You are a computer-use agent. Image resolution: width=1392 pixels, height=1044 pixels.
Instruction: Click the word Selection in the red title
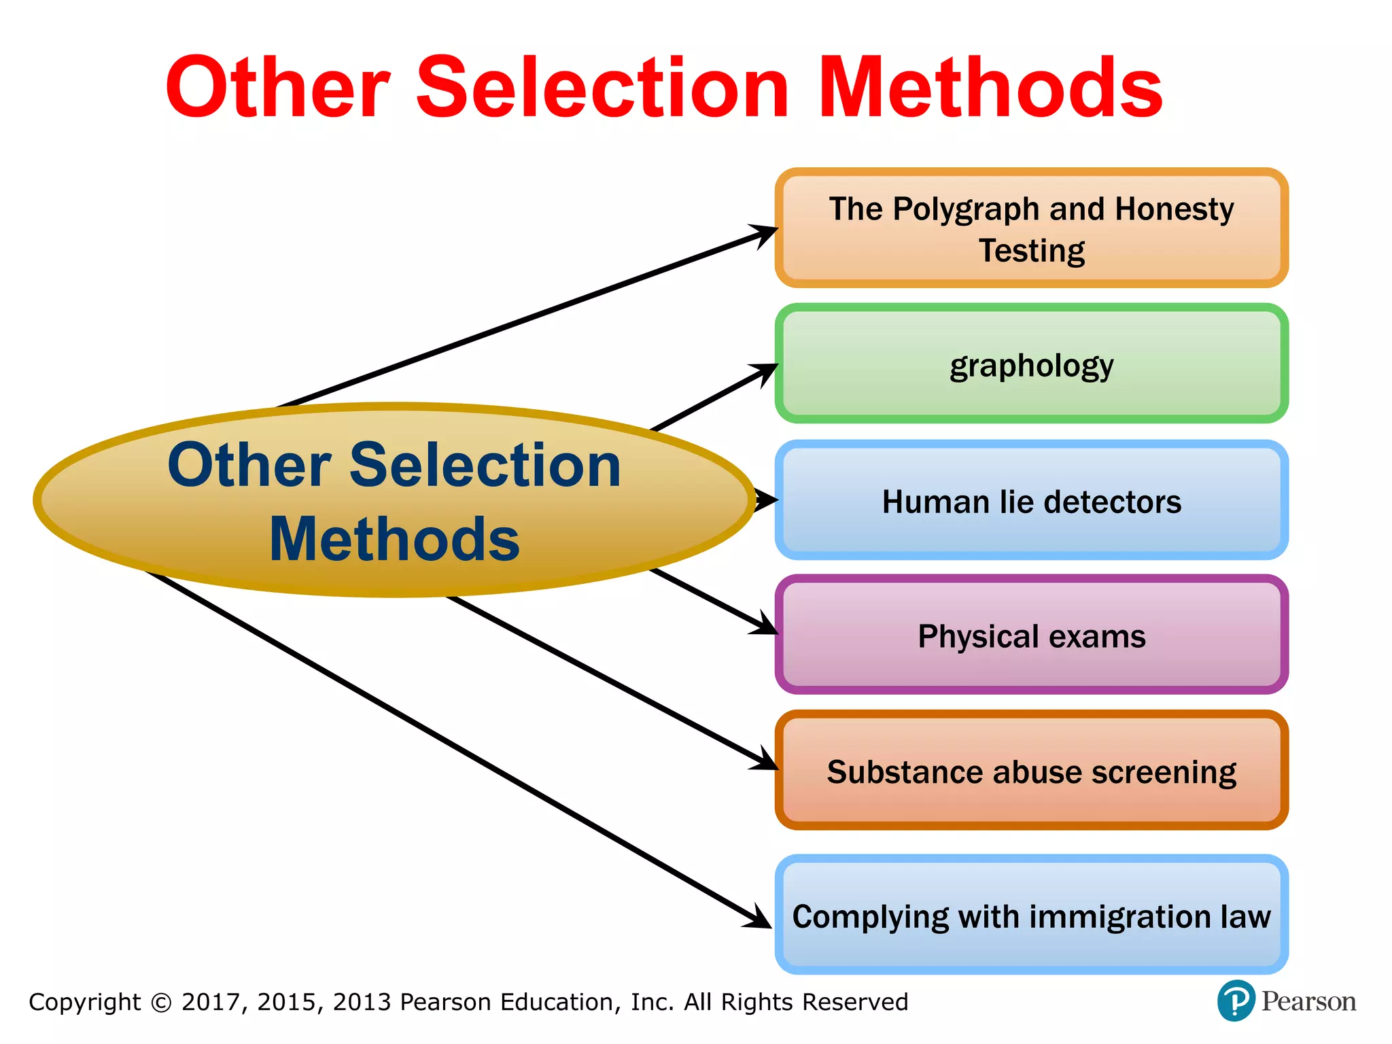click(602, 88)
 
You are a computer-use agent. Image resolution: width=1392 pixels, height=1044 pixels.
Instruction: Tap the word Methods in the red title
click(992, 88)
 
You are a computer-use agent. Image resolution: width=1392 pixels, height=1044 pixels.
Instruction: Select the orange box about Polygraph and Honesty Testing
click(1031, 228)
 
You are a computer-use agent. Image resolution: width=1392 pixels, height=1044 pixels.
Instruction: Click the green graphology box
click(1031, 364)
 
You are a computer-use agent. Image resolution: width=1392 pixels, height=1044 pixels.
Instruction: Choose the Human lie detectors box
click(1031, 501)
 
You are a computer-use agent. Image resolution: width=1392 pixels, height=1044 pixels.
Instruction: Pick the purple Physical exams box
click(1031, 636)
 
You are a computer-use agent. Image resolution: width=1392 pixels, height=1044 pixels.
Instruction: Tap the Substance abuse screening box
click(1031, 771)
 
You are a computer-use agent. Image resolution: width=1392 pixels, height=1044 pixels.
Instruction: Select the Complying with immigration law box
click(1031, 915)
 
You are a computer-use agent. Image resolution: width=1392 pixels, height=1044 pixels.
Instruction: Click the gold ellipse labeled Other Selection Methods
click(394, 501)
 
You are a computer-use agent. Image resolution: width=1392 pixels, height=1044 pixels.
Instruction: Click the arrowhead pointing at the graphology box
click(766, 370)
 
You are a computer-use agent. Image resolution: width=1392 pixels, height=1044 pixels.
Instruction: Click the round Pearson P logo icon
click(1235, 1001)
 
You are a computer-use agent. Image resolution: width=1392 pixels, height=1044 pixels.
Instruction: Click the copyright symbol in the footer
click(161, 1003)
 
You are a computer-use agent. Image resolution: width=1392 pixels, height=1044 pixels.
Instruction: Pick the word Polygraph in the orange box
click(966, 209)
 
